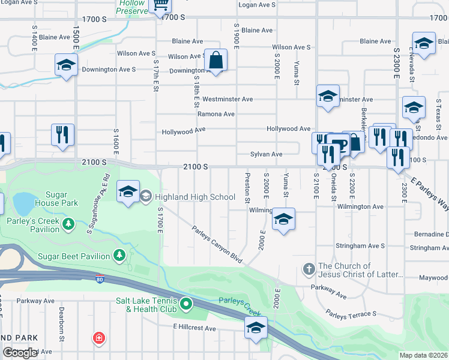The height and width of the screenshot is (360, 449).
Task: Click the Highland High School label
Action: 195,197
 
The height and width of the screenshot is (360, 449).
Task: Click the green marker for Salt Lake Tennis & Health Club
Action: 185,304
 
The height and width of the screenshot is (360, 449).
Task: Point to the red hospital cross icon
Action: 98,339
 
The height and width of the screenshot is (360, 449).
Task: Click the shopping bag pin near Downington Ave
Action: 215,60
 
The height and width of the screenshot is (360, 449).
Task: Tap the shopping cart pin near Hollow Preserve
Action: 160,5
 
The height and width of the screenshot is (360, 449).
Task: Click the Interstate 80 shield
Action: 99,278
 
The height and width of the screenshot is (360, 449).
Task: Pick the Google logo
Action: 20,353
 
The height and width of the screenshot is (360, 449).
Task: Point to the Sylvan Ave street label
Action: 266,154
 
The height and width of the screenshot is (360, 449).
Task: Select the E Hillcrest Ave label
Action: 194,328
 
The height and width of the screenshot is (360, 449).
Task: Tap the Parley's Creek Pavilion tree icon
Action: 69,224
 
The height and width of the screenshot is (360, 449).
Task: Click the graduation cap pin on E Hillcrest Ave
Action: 256,329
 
